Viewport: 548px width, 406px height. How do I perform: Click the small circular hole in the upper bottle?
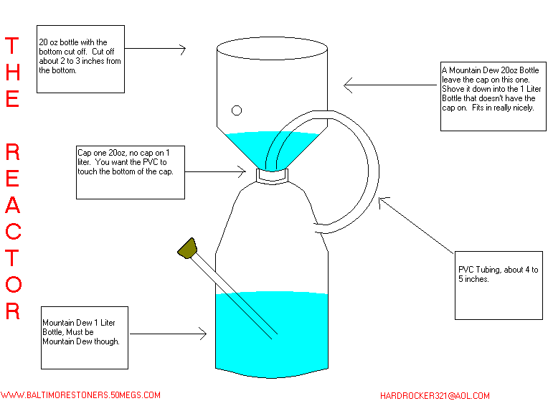point(236,110)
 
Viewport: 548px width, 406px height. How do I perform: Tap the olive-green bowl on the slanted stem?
point(189,247)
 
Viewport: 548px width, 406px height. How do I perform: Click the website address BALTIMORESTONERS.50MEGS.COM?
point(80,395)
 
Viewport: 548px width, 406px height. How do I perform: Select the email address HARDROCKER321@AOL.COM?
point(435,396)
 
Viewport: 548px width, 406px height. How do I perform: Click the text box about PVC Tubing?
point(499,284)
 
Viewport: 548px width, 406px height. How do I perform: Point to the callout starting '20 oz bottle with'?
point(80,60)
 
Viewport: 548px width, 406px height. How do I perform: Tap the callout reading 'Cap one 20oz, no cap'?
point(130,172)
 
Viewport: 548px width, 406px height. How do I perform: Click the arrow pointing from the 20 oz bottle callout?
point(155,49)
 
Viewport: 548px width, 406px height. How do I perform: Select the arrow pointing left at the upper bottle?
point(392,86)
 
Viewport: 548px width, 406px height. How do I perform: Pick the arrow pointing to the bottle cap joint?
point(215,171)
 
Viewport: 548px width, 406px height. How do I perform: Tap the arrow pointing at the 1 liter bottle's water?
point(169,334)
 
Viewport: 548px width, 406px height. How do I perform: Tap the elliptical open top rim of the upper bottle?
point(272,49)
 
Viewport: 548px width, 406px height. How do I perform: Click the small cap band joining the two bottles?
point(273,174)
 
